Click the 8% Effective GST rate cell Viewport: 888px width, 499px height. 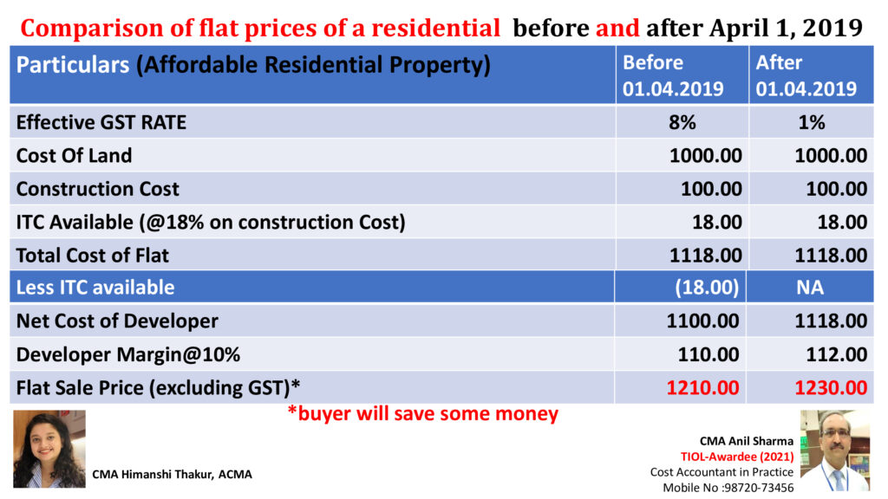click(682, 122)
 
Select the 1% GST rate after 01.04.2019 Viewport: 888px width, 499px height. click(812, 122)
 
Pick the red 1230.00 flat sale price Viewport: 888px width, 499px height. click(831, 387)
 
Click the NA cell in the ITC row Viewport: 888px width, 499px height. click(810, 288)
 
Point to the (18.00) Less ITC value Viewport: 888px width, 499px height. click(707, 288)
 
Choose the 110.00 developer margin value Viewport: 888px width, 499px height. click(708, 354)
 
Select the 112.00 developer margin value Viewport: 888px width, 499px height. click(833, 354)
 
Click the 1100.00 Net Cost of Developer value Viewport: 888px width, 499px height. click(703, 321)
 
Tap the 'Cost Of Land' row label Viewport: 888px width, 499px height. click(75, 156)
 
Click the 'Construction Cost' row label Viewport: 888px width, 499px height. click(98, 189)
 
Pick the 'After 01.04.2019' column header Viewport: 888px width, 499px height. click(806, 75)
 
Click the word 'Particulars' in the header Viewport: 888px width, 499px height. click(72, 65)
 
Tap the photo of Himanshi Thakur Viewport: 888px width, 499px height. click(49, 449)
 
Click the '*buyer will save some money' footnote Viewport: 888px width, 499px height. click(422, 414)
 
